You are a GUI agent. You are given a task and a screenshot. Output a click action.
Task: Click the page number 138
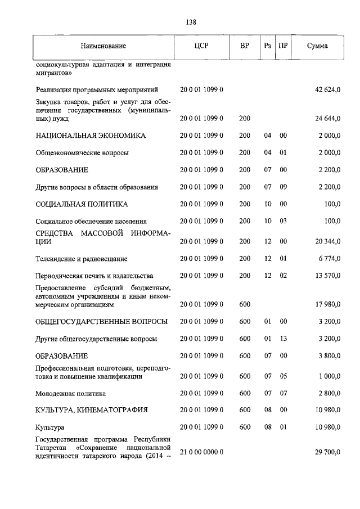pos(190,22)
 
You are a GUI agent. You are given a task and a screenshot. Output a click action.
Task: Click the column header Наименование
pos(103,46)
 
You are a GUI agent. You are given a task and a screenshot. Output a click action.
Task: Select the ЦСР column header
pos(201,46)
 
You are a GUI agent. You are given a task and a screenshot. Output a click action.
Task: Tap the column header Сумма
pos(317,46)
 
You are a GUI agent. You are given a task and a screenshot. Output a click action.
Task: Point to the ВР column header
pos(245,46)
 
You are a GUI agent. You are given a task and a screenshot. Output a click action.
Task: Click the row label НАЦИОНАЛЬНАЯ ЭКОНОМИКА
pos(91,136)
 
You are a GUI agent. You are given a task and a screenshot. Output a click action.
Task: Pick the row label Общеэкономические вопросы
pos(82,153)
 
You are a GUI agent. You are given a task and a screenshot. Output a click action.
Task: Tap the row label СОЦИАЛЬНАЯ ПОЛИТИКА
pos(82,204)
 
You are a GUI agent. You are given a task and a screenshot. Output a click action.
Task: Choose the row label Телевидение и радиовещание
pos(81,259)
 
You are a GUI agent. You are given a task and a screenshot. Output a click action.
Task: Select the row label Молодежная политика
pos(70,394)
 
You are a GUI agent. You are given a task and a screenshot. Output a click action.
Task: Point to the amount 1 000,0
pos(328,377)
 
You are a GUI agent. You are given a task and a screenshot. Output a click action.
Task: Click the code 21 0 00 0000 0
pos(202,452)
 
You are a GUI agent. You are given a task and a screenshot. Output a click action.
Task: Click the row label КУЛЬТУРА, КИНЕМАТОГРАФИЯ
pos(91,410)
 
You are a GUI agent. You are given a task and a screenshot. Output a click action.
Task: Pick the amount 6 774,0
pos(328,259)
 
